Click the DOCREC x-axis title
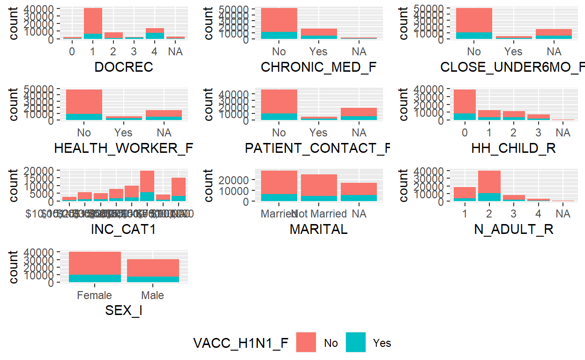pyautogui.click(x=124, y=67)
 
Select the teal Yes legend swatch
pyautogui.click(x=356, y=342)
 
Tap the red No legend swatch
pyautogui.click(x=306, y=342)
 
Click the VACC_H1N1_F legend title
pyautogui.click(x=241, y=343)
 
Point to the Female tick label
pyautogui.click(x=95, y=295)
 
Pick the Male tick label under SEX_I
pyautogui.click(x=153, y=295)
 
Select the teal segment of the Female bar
pyautogui.click(x=95, y=278)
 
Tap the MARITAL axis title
pyautogui.click(x=319, y=229)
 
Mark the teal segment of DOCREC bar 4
pyautogui.click(x=155, y=36)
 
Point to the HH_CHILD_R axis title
pyautogui.click(x=513, y=148)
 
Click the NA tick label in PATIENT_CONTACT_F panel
pyautogui.click(x=359, y=133)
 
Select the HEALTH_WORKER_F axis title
pyautogui.click(x=124, y=148)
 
